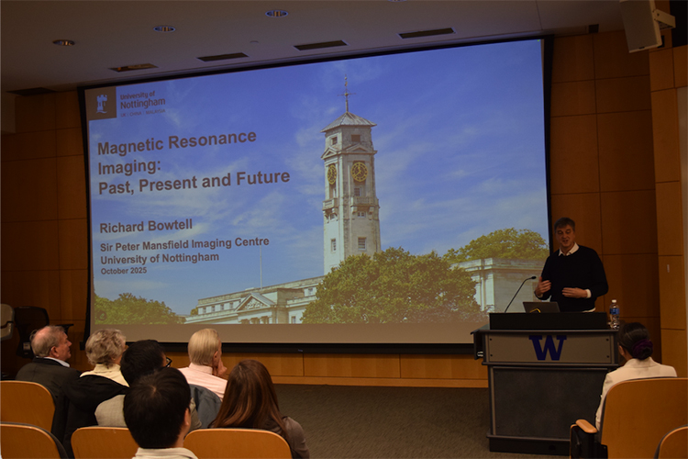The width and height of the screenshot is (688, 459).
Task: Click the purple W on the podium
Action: [x=548, y=347]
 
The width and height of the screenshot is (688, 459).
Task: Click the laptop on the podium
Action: [x=541, y=307]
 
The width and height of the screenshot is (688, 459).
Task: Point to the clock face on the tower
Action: [x=359, y=172]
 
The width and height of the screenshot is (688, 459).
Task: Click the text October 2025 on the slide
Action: [x=126, y=270]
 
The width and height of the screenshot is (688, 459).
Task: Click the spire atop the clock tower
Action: [x=347, y=95]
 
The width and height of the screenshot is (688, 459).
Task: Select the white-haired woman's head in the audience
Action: [x=105, y=347]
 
